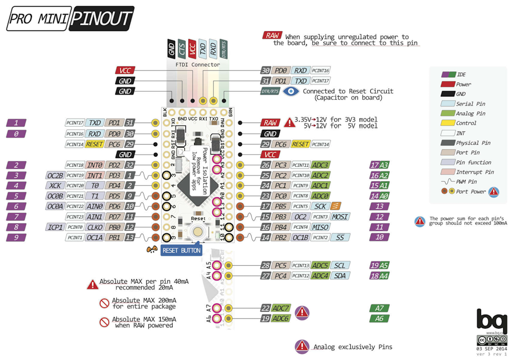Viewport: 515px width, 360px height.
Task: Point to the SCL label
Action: [339, 266]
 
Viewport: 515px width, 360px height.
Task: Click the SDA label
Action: [339, 276]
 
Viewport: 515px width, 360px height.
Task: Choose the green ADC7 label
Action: [281, 308]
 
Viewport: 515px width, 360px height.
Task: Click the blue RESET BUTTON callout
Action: [182, 250]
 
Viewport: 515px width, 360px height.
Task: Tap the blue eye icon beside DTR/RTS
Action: [292, 91]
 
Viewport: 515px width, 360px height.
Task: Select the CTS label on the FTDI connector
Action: [182, 49]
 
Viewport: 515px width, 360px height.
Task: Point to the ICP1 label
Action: [55, 227]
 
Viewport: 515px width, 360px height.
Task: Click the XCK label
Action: [56, 185]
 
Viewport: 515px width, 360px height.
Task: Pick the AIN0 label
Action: [95, 207]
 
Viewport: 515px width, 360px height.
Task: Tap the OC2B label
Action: [55, 175]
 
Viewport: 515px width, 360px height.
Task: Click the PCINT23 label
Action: [75, 217]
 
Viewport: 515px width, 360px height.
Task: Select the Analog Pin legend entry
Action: [470, 113]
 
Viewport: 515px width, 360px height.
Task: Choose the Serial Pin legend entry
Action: [470, 104]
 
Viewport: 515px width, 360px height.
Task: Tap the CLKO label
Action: [95, 227]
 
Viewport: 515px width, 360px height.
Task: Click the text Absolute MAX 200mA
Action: [144, 300]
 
